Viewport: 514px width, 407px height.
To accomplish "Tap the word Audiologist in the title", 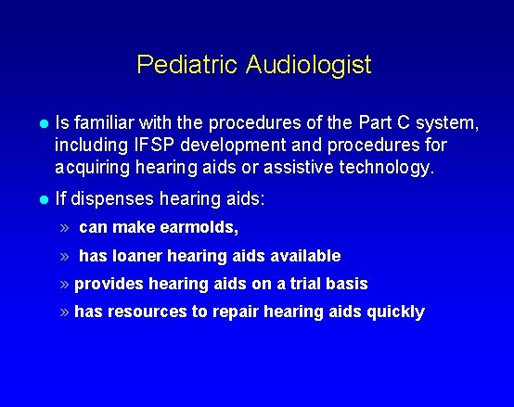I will [x=309, y=64].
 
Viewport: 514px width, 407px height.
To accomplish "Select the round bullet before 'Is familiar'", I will [x=43, y=122].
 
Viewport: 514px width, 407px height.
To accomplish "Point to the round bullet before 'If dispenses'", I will [x=43, y=197].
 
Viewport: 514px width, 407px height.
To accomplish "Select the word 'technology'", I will [x=381, y=168].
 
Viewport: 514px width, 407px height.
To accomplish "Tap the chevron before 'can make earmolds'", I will [x=65, y=227].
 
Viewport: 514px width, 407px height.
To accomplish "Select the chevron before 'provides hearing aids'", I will [x=65, y=283].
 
